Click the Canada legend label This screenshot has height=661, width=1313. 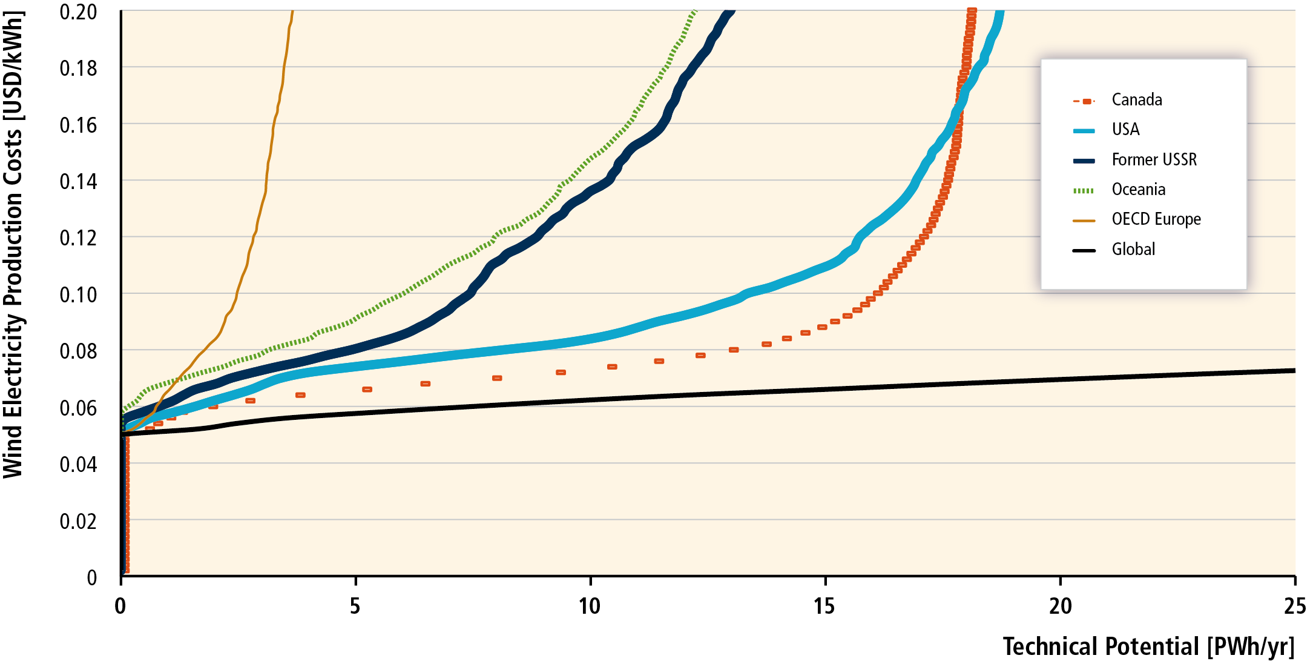(x=1136, y=100)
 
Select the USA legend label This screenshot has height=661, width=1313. (x=1125, y=130)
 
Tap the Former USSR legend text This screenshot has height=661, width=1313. (x=1154, y=160)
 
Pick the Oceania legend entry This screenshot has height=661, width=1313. (x=1138, y=190)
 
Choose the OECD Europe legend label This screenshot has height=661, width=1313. (x=1156, y=219)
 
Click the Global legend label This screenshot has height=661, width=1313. (x=1133, y=250)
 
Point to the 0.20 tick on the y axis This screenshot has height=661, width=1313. (x=78, y=12)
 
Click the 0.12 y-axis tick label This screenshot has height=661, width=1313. (x=78, y=238)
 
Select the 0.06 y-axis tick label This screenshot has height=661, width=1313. (x=78, y=408)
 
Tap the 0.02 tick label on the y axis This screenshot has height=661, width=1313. (x=78, y=521)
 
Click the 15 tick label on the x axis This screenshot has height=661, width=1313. (x=824, y=606)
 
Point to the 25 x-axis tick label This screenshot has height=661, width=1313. (x=1294, y=606)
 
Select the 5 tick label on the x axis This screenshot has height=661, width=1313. (x=355, y=606)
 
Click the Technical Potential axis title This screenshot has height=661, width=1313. (x=1148, y=646)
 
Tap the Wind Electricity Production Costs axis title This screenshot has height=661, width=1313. (x=13, y=245)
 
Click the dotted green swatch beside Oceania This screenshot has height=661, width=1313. (x=1084, y=191)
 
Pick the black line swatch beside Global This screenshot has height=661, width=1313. (x=1084, y=250)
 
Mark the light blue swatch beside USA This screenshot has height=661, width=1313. (x=1084, y=131)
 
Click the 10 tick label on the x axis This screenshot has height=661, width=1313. (x=590, y=606)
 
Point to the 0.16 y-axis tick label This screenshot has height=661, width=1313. (x=78, y=125)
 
